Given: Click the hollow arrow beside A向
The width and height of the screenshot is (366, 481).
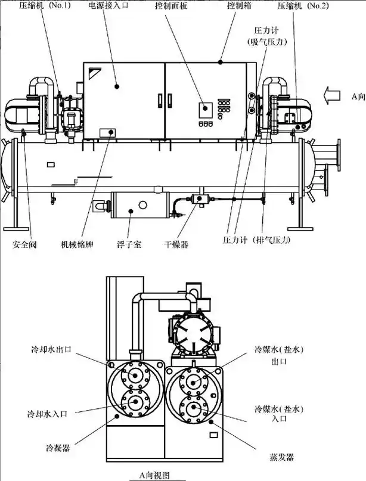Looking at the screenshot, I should point(334,95).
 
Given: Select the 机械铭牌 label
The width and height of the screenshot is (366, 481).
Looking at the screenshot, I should point(76,244).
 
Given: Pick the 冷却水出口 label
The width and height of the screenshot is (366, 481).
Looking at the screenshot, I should point(52,349).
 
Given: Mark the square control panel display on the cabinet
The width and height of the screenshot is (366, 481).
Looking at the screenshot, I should point(205,108).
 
